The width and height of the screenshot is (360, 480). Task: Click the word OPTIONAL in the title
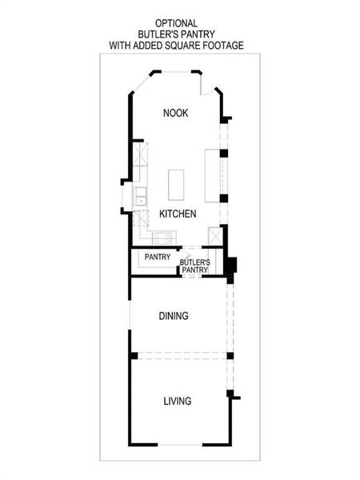[176, 24]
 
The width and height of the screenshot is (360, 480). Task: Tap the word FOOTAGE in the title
[219, 46]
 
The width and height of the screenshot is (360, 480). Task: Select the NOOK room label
[175, 114]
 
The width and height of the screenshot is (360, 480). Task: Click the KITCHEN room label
[178, 214]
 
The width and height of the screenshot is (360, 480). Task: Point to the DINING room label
[173, 316]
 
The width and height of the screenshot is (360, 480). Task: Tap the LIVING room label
[178, 401]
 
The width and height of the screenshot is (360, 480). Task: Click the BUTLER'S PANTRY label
[194, 266]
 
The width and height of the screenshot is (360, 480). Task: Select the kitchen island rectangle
[176, 184]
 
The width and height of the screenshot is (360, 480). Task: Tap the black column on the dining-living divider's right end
[230, 354]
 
